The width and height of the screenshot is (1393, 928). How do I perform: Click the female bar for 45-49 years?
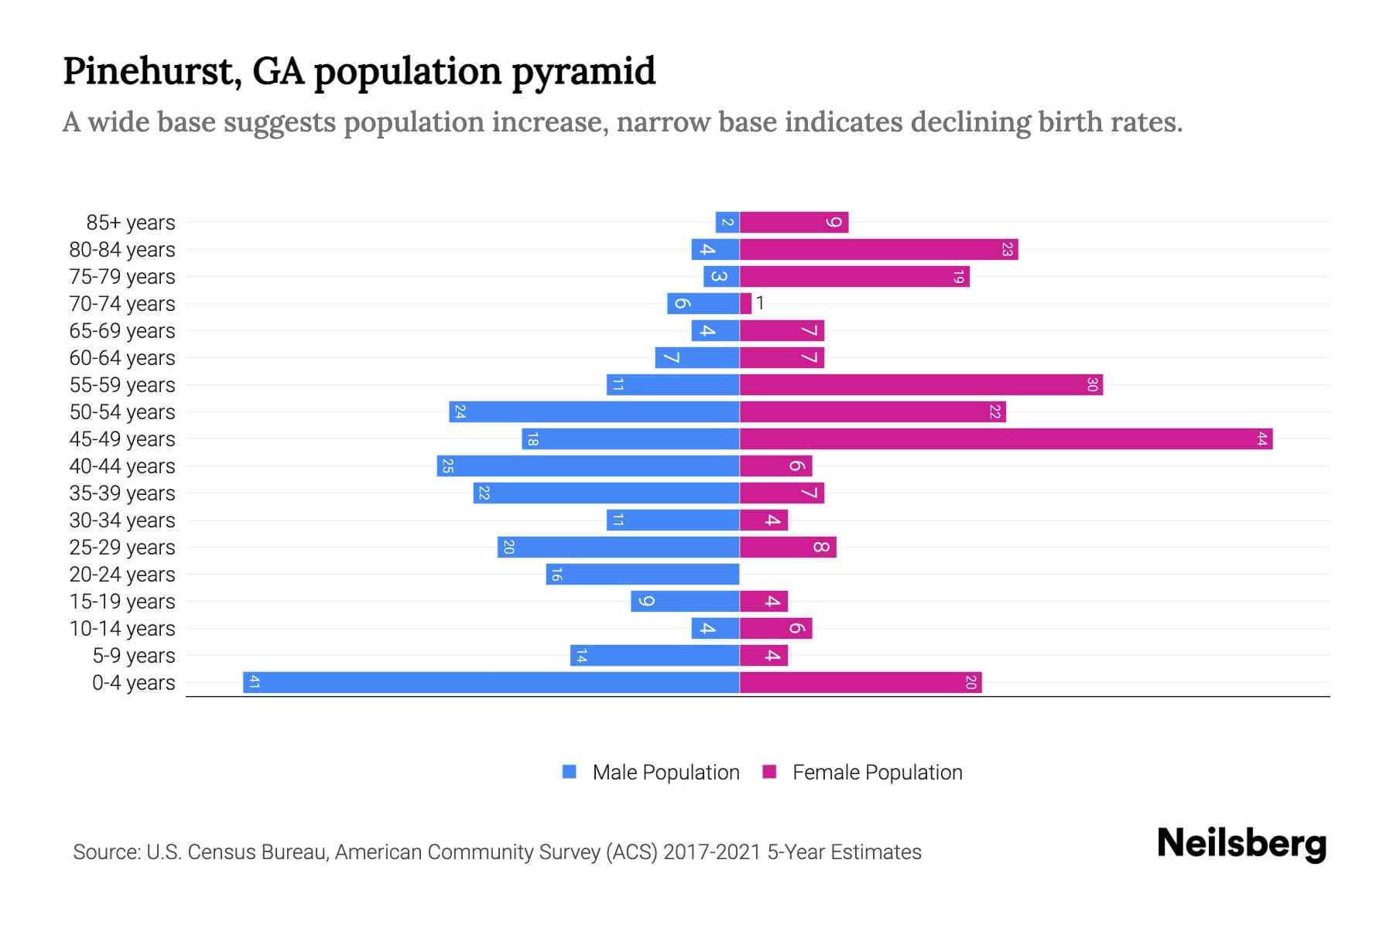(x=1006, y=439)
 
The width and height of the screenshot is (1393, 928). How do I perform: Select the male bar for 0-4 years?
(x=491, y=683)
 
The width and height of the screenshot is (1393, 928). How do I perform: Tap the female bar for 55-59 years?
(x=921, y=385)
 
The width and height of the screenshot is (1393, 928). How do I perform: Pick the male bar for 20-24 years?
(x=642, y=575)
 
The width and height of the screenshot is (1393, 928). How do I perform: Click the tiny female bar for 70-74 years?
(x=745, y=304)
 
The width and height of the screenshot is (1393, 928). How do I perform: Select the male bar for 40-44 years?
(x=588, y=466)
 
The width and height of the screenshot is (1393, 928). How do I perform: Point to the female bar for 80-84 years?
(x=878, y=250)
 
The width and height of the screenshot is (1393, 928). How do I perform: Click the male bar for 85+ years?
(x=727, y=223)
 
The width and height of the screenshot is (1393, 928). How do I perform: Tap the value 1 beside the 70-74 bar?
(x=761, y=303)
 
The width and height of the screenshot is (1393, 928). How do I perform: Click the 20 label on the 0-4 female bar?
(x=970, y=683)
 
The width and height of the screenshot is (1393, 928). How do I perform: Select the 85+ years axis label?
(x=131, y=223)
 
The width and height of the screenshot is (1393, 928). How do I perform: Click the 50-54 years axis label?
(x=122, y=412)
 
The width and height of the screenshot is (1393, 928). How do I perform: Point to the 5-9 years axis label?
(x=134, y=656)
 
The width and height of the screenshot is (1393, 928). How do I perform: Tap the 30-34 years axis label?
(x=122, y=520)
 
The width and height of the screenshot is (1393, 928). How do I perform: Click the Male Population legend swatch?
(x=570, y=772)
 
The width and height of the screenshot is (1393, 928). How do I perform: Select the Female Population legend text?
(x=877, y=773)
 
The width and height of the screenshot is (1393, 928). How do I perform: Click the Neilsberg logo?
(x=1241, y=844)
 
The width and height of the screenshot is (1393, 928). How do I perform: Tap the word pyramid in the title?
(x=584, y=72)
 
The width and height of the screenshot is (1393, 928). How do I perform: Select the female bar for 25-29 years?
(x=788, y=548)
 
